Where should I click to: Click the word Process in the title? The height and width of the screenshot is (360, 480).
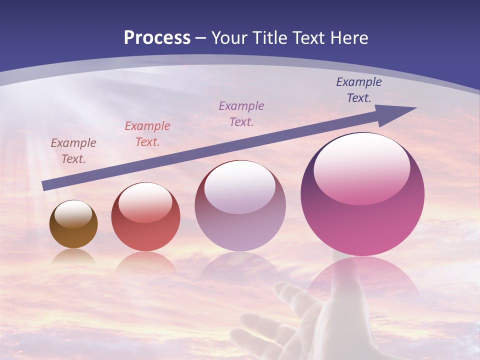click(x=157, y=38)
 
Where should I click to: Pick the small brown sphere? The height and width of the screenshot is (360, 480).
click(x=73, y=225)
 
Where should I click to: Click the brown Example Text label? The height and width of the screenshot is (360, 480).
click(x=73, y=151)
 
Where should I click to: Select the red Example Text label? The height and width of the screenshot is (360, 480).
click(x=147, y=134)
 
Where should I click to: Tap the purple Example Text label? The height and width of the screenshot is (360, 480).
click(x=241, y=113)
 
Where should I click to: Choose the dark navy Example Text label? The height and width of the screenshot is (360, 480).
click(x=359, y=90)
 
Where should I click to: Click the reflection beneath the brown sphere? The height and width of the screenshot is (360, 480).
click(x=73, y=256)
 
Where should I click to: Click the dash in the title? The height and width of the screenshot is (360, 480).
click(x=201, y=38)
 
